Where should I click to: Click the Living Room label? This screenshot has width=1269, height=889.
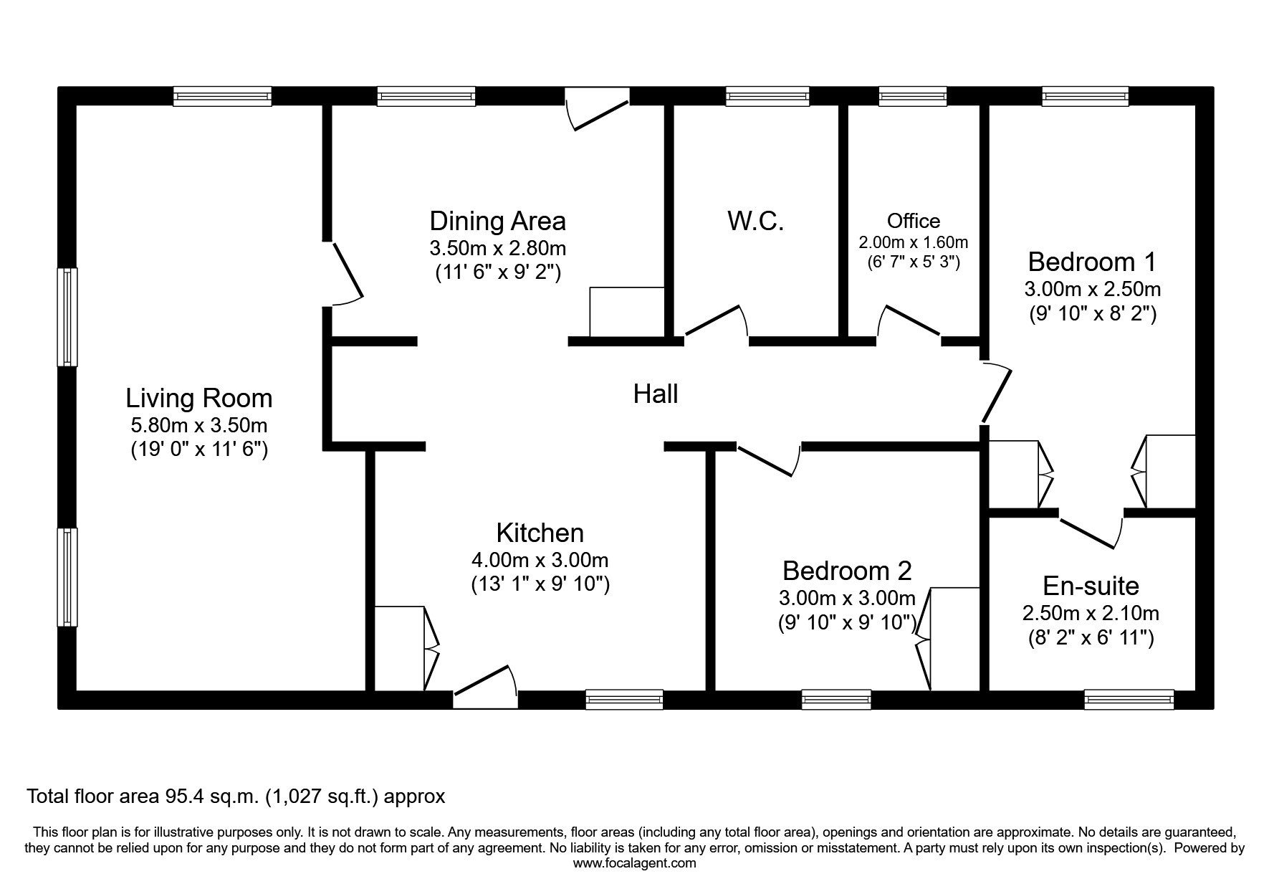(x=198, y=398)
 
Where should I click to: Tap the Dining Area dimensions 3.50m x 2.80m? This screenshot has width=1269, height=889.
(x=498, y=249)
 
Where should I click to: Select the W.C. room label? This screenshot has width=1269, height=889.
(x=755, y=221)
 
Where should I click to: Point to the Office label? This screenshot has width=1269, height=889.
(x=913, y=221)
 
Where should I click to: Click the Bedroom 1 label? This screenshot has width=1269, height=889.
(x=1092, y=262)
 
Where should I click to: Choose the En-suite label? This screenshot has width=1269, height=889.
(x=1091, y=586)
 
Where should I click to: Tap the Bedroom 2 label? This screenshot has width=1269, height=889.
(x=847, y=571)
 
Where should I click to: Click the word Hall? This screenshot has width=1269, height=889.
(x=656, y=394)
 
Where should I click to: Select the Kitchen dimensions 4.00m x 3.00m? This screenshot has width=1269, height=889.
(x=540, y=560)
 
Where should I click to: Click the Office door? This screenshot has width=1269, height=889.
(x=909, y=320)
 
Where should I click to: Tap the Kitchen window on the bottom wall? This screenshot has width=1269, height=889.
(x=624, y=699)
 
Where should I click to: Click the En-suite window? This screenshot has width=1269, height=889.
(x=1129, y=699)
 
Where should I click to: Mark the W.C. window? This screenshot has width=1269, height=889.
(x=767, y=97)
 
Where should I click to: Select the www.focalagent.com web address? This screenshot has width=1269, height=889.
(x=634, y=863)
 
